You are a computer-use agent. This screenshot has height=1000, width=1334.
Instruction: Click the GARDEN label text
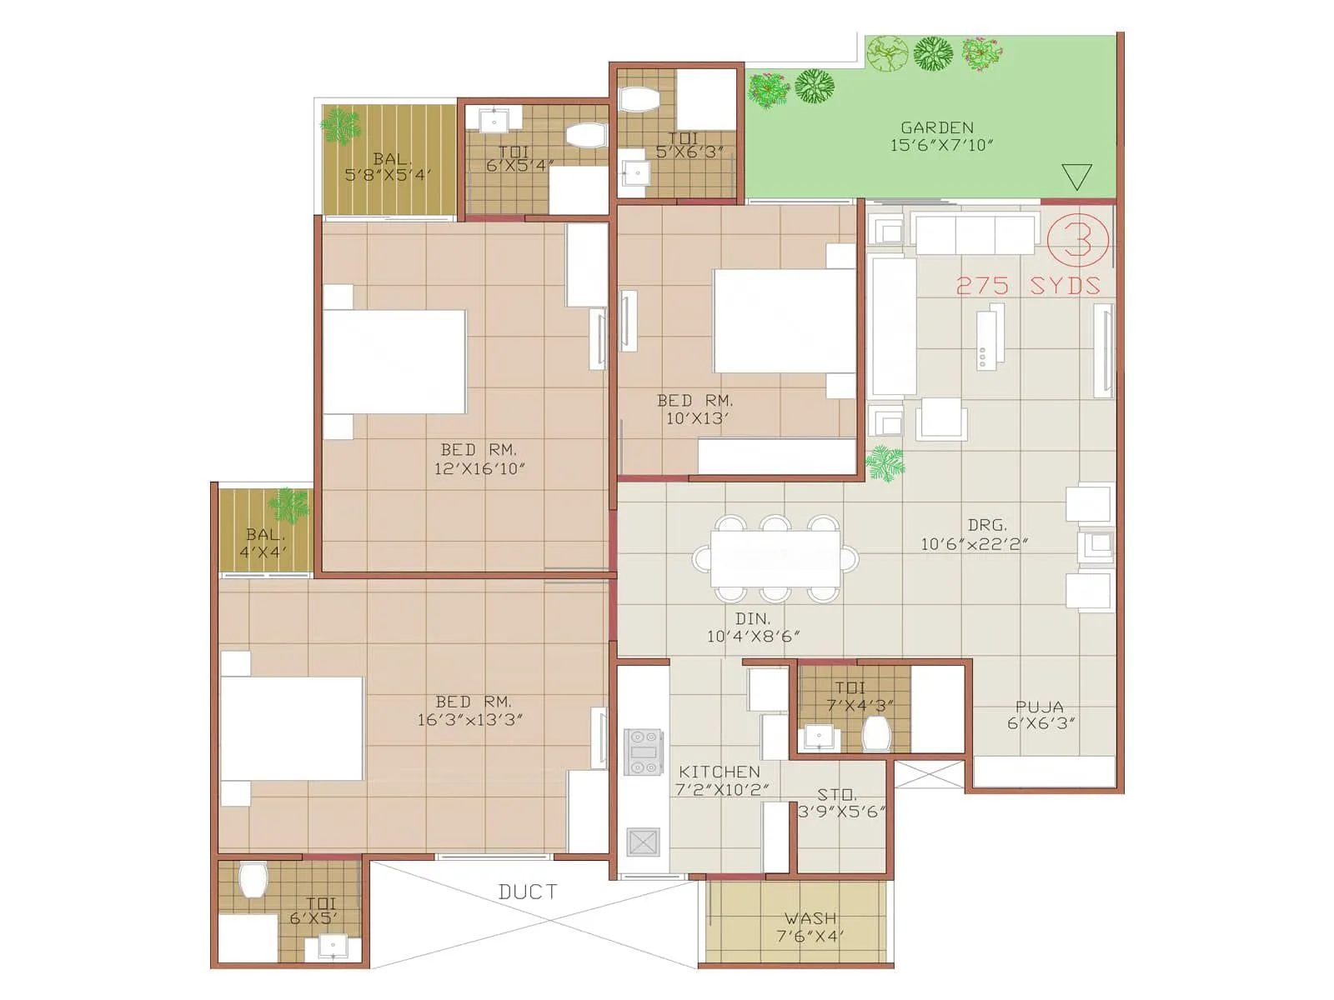937,127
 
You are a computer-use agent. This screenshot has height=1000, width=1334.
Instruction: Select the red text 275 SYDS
1027,286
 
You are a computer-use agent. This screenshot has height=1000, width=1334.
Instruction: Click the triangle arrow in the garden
1076,176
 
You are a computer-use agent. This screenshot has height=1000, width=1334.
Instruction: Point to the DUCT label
527,892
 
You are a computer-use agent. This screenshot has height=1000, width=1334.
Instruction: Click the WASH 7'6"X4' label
810,927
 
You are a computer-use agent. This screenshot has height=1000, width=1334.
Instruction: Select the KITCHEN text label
719,772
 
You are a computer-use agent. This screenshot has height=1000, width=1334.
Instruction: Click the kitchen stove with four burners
644,752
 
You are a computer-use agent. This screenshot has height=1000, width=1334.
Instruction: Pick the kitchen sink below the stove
643,842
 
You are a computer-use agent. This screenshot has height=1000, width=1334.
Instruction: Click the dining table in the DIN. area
775,558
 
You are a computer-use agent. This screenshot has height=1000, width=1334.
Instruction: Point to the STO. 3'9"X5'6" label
840,803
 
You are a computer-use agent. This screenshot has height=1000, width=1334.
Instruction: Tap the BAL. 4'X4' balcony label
263,542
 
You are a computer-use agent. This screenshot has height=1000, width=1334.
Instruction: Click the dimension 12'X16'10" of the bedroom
479,469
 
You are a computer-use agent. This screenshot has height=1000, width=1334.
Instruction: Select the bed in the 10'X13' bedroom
784,321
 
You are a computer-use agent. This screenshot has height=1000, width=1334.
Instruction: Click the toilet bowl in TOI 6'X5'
253,880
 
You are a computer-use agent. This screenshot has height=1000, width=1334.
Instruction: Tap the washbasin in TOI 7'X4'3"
818,737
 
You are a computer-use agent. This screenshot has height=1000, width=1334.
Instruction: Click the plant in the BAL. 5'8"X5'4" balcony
340,127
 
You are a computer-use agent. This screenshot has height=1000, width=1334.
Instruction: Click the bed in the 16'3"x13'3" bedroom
291,728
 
